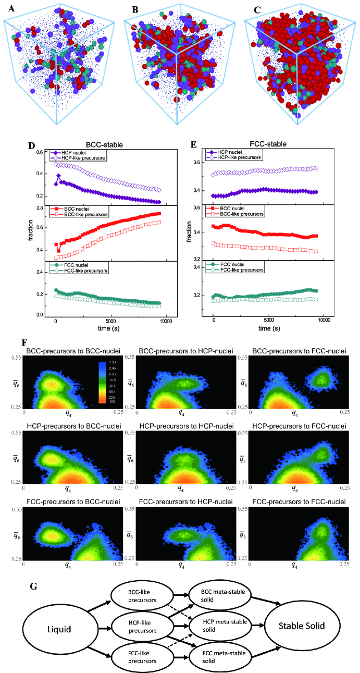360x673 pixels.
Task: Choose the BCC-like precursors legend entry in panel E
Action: pyautogui.click(x=238, y=214)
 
